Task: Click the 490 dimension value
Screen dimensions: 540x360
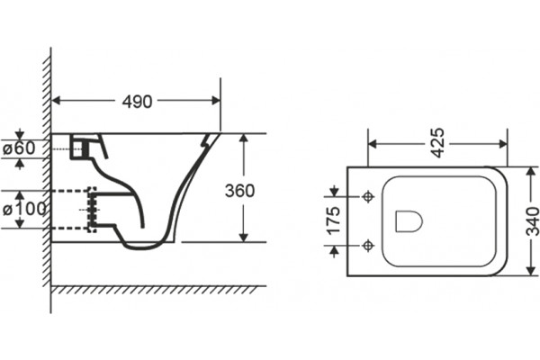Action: [x=137, y=102]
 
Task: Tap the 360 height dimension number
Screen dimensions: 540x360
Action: [x=239, y=191]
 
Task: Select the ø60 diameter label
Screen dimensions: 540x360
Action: [x=19, y=148]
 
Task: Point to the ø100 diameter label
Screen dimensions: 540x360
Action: [x=24, y=209]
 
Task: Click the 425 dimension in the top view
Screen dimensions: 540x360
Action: [x=438, y=143]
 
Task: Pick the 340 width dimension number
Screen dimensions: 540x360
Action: [x=533, y=221]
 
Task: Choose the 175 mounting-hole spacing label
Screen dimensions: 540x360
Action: [x=333, y=220]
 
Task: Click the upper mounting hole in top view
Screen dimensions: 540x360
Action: [x=368, y=197]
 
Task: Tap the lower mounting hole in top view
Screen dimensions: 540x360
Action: [x=368, y=246]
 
